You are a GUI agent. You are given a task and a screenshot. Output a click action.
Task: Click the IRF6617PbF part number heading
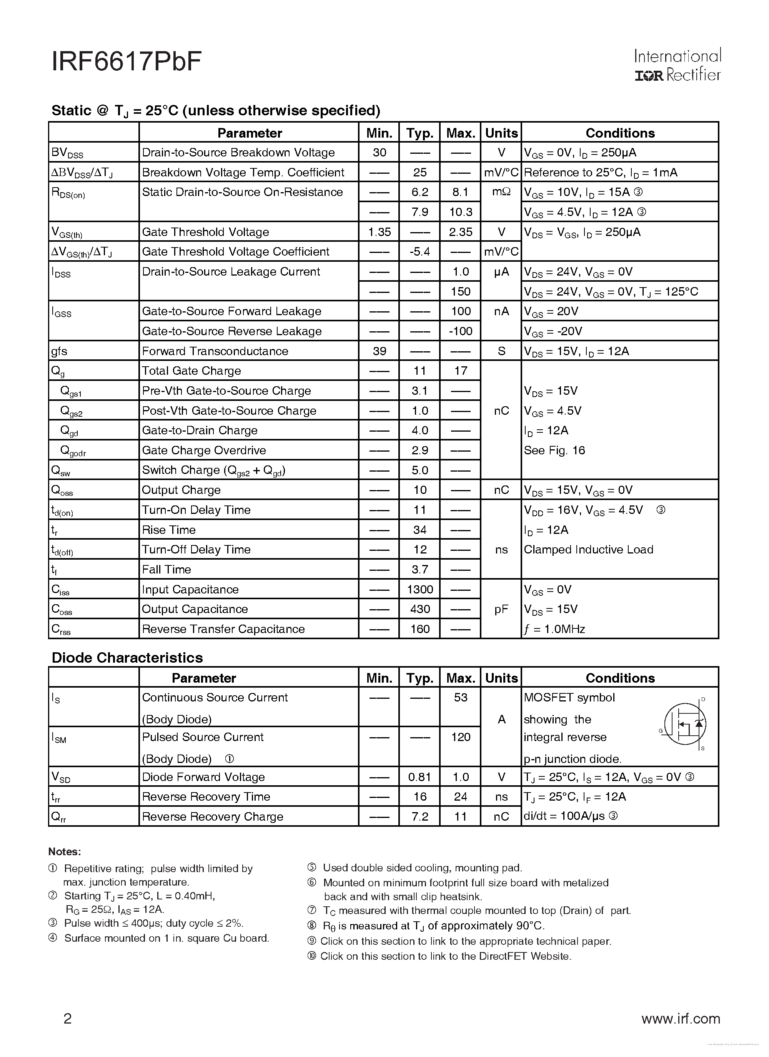pyautogui.click(x=127, y=62)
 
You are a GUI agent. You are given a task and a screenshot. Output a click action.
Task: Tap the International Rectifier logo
pyautogui.click(x=677, y=65)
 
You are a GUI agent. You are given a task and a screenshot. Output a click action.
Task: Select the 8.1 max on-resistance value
pyautogui.click(x=460, y=192)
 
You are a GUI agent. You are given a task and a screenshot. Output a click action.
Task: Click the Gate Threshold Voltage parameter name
pyautogui.click(x=205, y=232)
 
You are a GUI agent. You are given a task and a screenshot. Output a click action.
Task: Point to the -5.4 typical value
pyautogui.click(x=420, y=252)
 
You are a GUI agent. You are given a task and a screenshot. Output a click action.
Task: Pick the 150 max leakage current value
pyautogui.click(x=460, y=292)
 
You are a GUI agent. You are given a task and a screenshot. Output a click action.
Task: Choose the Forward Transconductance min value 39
pyautogui.click(x=379, y=351)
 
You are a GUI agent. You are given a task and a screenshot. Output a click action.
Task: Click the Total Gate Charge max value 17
pyautogui.click(x=460, y=371)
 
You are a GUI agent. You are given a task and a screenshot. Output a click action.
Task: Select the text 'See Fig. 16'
pyautogui.click(x=554, y=450)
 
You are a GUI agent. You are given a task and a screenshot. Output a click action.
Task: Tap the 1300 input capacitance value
pyautogui.click(x=420, y=590)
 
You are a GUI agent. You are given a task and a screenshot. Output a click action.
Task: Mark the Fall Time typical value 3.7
pyautogui.click(x=420, y=570)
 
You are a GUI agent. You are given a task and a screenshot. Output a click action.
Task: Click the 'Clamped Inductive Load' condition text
pyautogui.click(x=588, y=550)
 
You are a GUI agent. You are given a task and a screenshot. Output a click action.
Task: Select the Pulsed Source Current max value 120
pyautogui.click(x=460, y=737)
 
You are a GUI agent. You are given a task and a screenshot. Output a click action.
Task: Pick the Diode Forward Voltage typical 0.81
pyautogui.click(x=420, y=777)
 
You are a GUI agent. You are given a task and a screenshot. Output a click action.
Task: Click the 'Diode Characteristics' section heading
pyautogui.click(x=127, y=658)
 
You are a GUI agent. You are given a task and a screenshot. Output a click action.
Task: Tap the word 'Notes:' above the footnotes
pyautogui.click(x=65, y=851)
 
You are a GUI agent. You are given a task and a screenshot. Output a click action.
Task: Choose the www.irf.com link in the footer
pyautogui.click(x=681, y=1019)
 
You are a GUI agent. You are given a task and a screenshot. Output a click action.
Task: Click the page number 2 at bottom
pyautogui.click(x=68, y=1019)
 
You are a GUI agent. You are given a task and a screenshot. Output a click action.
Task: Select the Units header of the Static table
pyautogui.click(x=501, y=133)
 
